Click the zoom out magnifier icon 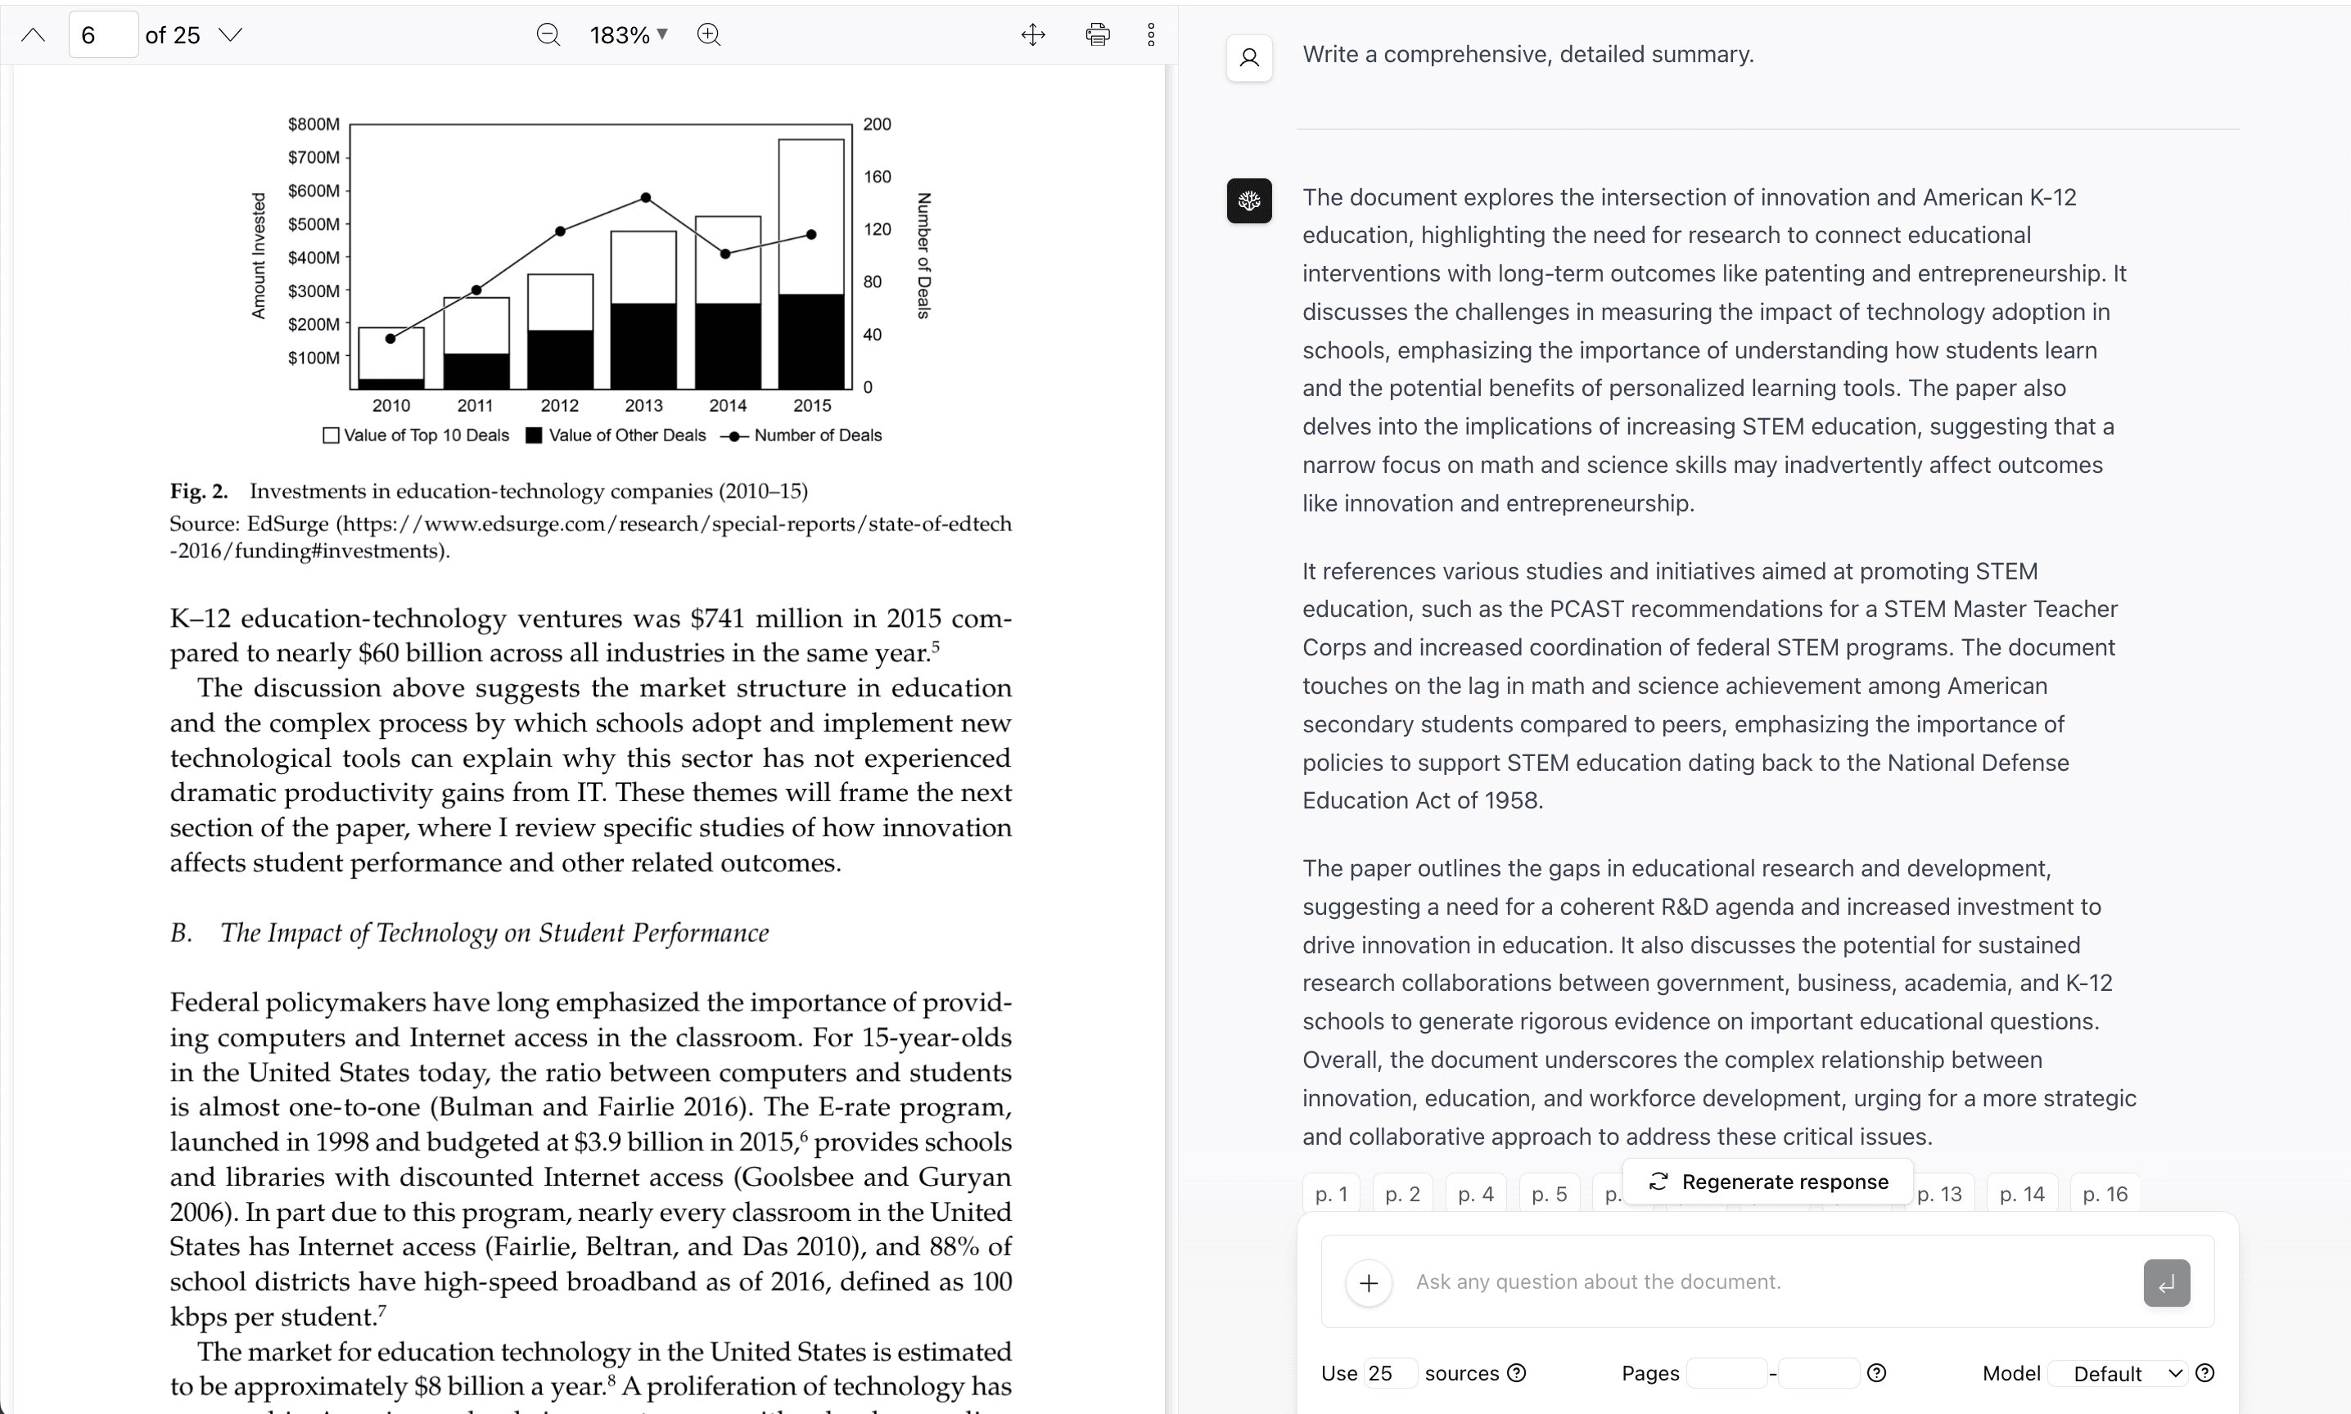548,35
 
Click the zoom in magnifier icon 709,35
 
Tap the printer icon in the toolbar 1098,35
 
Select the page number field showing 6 103,35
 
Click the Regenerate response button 1769,1182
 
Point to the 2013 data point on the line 646,197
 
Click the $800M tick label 314,124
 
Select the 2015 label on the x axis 812,405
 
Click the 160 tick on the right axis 877,176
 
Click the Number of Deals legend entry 818,435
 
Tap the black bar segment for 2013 643,345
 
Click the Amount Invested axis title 258,255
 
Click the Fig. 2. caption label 199,492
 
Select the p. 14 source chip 2021,1194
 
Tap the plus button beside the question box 1369,1282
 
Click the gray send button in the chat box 2166,1282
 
